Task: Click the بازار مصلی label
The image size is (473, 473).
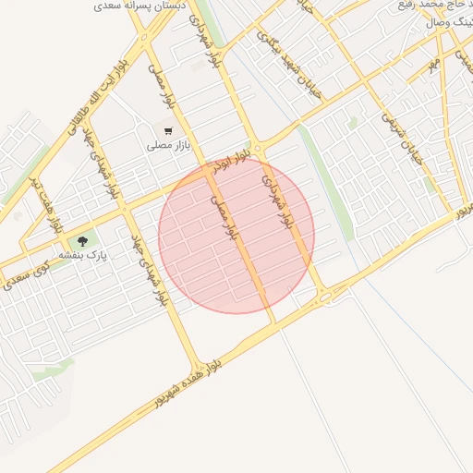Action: pyautogui.click(x=166, y=146)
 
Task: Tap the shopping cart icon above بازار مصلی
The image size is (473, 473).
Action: pyautogui.click(x=167, y=131)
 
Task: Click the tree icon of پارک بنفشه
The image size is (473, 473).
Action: pyautogui.click(x=82, y=242)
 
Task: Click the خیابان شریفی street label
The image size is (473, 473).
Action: pyautogui.click(x=398, y=139)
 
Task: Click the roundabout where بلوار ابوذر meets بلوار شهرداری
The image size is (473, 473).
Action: pyautogui.click(x=258, y=148)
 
